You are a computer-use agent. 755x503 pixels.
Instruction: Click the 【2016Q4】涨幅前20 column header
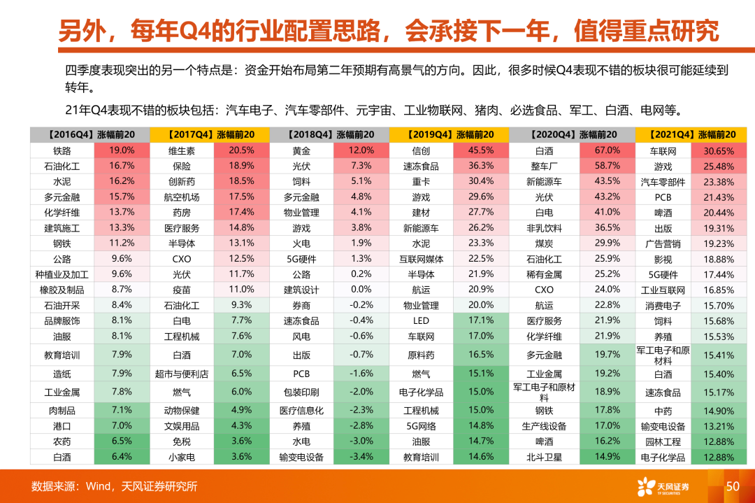[x=89, y=134]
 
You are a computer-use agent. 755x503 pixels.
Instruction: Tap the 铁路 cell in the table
[x=62, y=150]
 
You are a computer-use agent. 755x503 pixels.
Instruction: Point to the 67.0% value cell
[x=607, y=150]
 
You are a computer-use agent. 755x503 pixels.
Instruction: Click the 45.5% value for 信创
[x=481, y=150]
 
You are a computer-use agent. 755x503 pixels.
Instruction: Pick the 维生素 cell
[x=182, y=150]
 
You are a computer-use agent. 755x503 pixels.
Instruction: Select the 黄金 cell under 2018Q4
[x=301, y=150]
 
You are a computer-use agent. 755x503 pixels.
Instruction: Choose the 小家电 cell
[x=182, y=457]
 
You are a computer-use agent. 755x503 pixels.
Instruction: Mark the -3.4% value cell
[x=361, y=457]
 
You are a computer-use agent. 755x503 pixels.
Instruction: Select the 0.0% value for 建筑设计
[x=361, y=289]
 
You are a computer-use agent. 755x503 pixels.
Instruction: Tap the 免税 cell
[x=182, y=441]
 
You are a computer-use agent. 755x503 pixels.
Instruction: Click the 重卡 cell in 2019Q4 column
[x=421, y=181]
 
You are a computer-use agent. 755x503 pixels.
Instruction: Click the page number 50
[x=733, y=486]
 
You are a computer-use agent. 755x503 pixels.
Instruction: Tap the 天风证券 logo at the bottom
[x=662, y=486]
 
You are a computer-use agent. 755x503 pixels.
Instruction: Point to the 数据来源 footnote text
[x=114, y=486]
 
